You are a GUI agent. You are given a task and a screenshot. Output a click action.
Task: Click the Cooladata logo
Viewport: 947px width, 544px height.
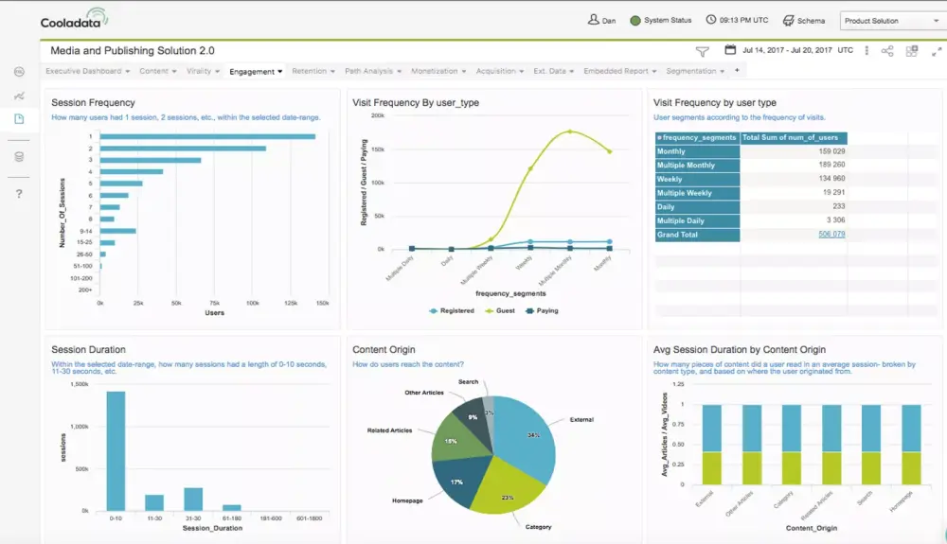pyautogui.click(x=74, y=19)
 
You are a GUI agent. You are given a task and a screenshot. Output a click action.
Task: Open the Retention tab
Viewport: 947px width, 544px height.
pyautogui.click(x=309, y=71)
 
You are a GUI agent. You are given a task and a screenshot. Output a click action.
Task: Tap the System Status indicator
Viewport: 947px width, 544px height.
pyautogui.click(x=661, y=20)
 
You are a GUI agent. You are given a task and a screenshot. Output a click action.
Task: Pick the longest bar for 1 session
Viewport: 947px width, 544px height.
pyautogui.click(x=207, y=136)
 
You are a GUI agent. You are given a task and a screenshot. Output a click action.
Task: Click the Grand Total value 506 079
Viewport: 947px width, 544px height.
pyautogui.click(x=831, y=235)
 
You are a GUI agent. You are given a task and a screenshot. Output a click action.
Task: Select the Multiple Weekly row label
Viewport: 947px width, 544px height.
pyautogui.click(x=685, y=193)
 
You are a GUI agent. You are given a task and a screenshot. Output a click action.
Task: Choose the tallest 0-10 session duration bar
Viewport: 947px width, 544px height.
pyautogui.click(x=116, y=450)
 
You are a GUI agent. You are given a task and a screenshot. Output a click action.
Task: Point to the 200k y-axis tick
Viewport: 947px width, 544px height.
pyautogui.click(x=377, y=115)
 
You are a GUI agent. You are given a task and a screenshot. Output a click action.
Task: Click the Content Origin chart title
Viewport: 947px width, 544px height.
pyautogui.click(x=384, y=350)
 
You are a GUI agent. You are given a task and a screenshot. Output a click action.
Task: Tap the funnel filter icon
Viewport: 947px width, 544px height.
pyautogui.click(x=702, y=51)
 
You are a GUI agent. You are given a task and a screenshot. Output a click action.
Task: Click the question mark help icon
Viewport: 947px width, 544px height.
pyautogui.click(x=19, y=194)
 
